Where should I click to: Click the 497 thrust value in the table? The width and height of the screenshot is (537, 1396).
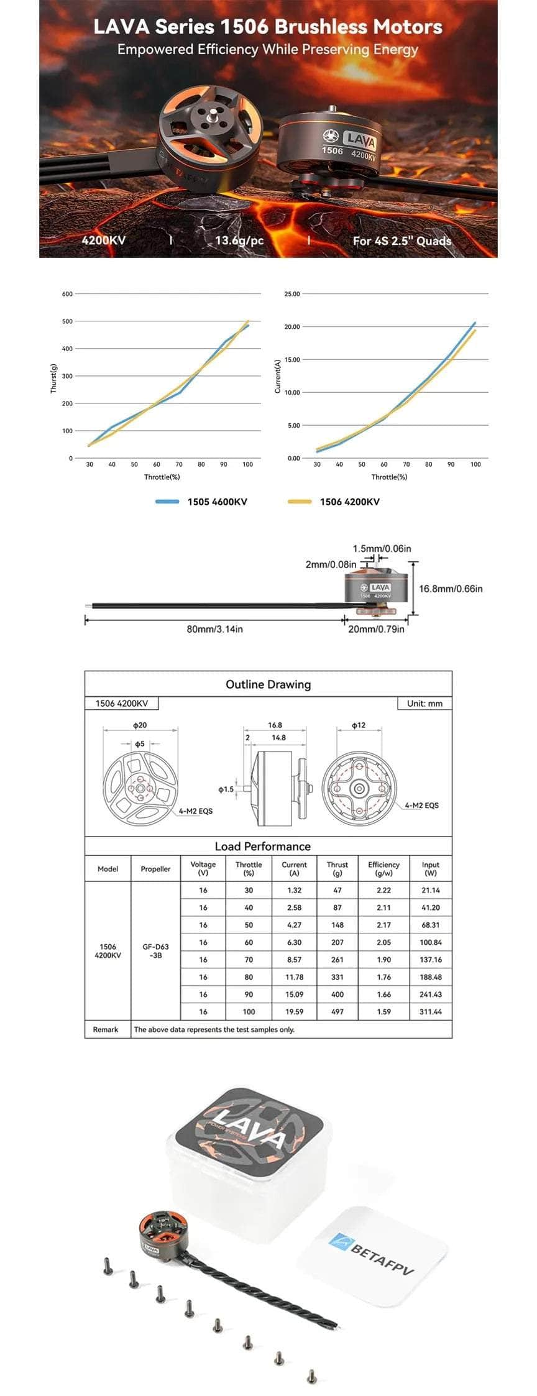(337, 1011)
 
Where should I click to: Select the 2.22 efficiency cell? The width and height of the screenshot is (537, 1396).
(383, 890)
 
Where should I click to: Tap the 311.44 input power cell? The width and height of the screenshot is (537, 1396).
(430, 1011)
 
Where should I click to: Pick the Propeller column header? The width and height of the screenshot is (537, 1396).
(155, 869)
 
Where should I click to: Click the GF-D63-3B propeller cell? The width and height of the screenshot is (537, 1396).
(155, 951)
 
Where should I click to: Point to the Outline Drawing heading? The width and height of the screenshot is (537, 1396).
(268, 684)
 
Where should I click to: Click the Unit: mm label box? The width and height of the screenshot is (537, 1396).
(425, 704)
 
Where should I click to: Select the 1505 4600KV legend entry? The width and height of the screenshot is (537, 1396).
(217, 502)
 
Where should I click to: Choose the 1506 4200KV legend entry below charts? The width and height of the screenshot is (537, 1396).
(349, 502)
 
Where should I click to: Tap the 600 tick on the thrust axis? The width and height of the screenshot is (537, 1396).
(67, 294)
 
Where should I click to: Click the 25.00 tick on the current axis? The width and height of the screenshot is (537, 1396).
(291, 294)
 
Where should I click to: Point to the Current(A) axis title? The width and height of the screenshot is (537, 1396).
(278, 376)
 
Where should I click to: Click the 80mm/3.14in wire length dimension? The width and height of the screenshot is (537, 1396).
(215, 629)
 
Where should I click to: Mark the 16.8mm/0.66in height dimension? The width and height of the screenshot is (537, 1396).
(451, 589)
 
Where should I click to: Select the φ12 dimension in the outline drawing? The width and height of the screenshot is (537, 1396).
(359, 725)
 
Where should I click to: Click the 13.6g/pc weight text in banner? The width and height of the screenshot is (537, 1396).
(239, 241)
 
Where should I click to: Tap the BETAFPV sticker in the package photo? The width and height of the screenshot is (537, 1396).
(373, 1256)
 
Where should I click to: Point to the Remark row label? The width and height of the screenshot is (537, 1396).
(105, 1029)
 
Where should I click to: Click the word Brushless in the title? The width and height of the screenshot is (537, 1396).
(321, 27)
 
